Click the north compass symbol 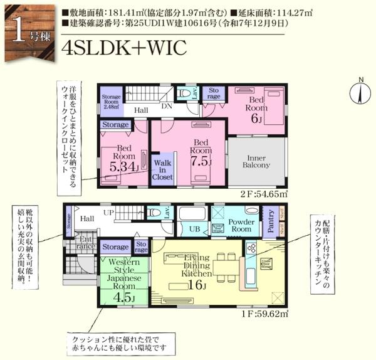pos(360,93)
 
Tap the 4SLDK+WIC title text pos(124,48)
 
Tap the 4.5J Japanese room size pos(123,297)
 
